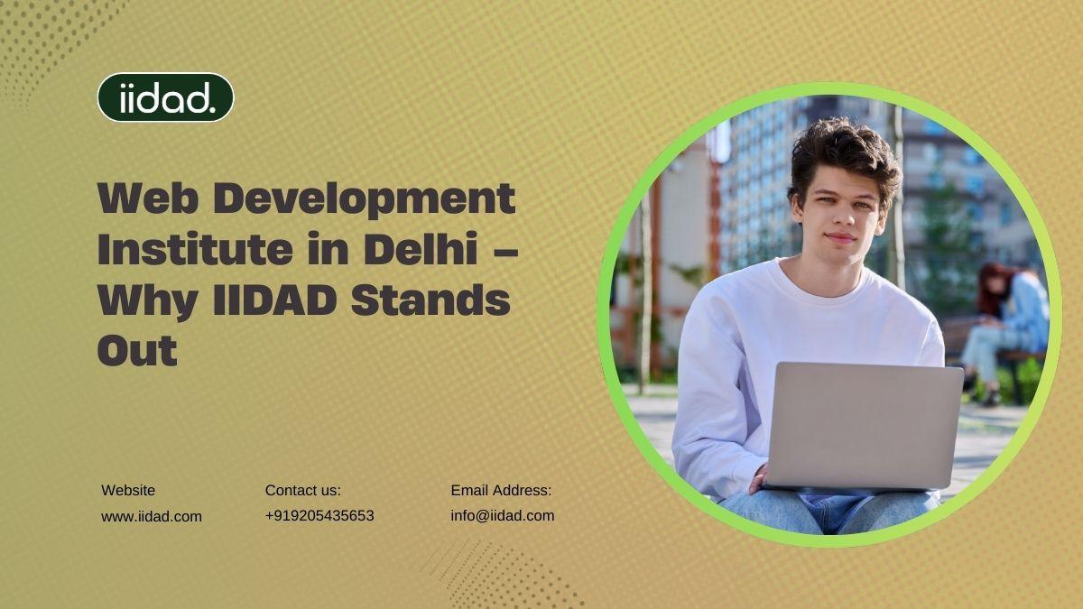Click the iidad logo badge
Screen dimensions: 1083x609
pos(165,97)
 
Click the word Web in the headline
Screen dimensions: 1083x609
pos(148,198)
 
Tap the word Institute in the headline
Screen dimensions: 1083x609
pos(195,248)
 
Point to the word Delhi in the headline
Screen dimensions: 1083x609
pos(421,248)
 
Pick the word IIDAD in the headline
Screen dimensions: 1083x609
pos(274,300)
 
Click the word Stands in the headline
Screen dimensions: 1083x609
pos(430,300)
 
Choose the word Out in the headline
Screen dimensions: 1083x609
pos(137,350)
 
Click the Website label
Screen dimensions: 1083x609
pos(128,490)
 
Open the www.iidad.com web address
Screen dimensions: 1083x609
pos(152,516)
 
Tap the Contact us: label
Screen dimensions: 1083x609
pos(302,490)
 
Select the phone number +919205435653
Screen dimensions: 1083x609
pos(319,516)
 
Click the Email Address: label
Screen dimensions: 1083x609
pos(501,490)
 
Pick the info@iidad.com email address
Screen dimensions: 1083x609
pos(503,516)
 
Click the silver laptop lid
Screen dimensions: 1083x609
pos(864,426)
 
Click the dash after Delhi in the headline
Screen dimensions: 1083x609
pos(506,252)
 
